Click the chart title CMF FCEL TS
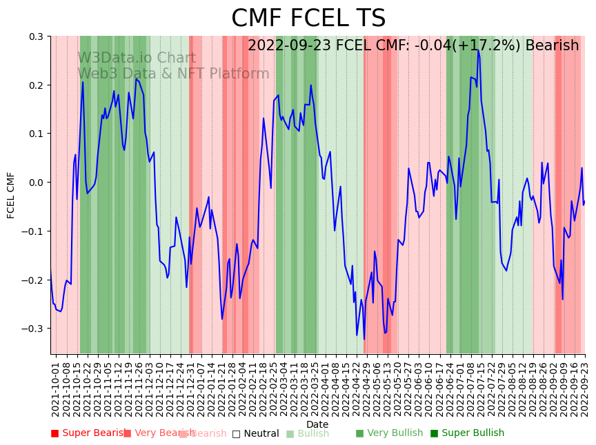(x=308, y=19)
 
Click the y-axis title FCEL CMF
(x=11, y=195)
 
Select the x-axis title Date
(x=317, y=424)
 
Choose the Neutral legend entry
(x=255, y=433)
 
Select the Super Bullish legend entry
(x=468, y=433)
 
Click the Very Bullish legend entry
(x=390, y=433)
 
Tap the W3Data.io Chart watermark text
(x=137, y=58)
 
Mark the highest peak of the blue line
(x=477, y=50)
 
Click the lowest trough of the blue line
(x=364, y=339)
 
